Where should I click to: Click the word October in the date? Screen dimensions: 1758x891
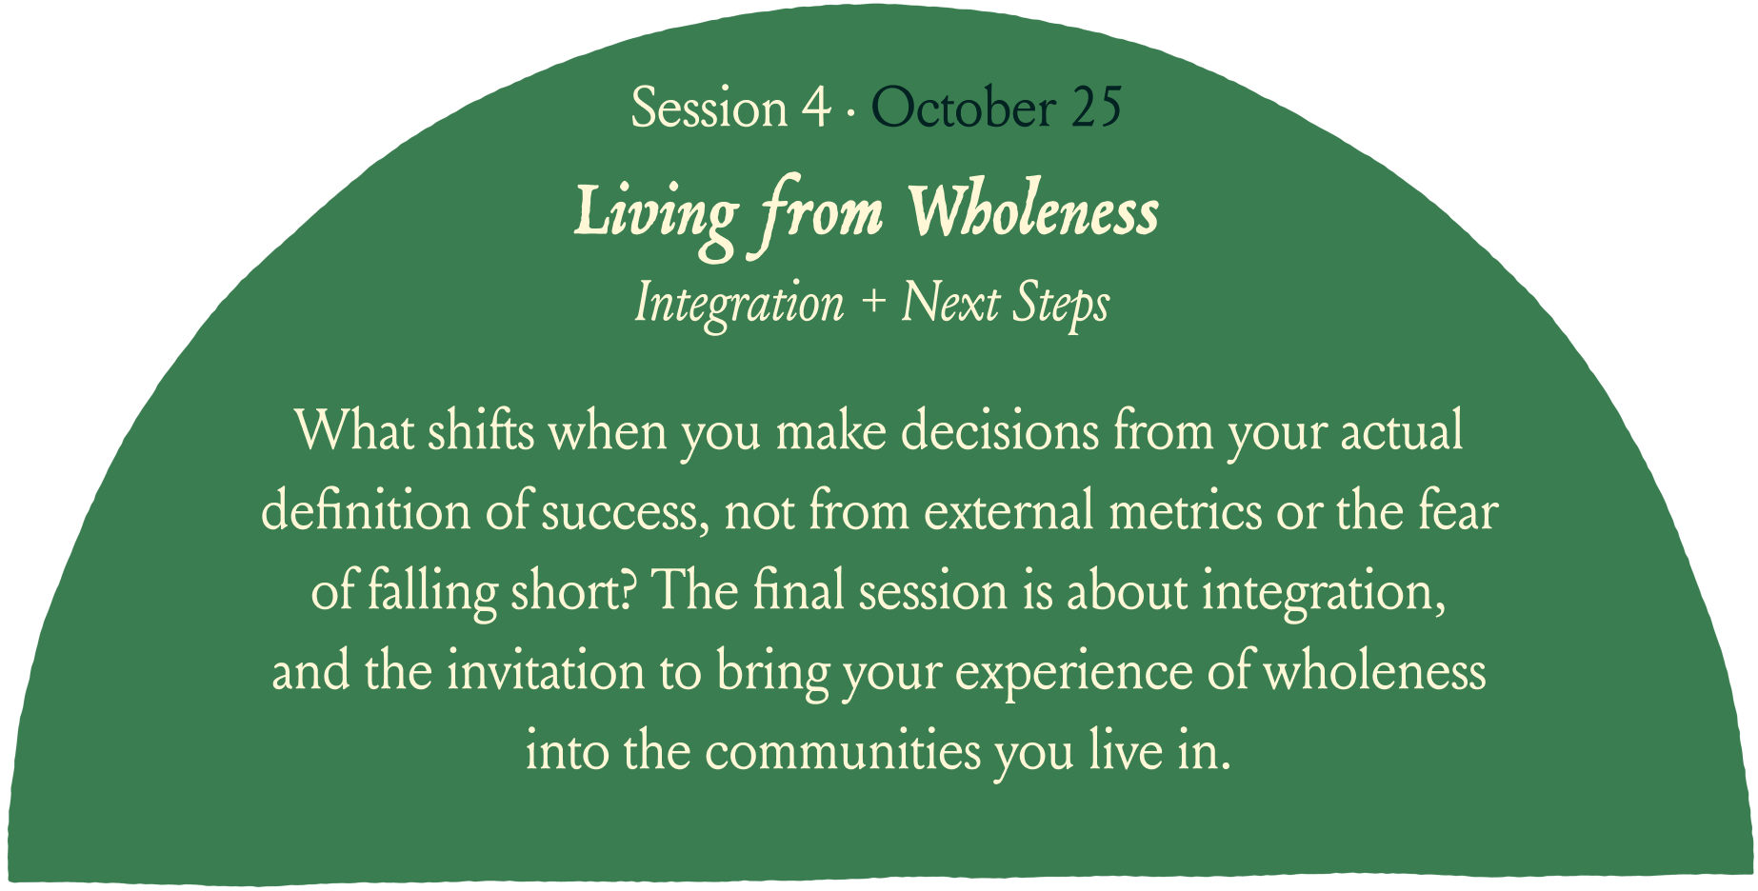click(x=962, y=108)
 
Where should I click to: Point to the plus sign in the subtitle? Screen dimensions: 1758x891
click(x=872, y=304)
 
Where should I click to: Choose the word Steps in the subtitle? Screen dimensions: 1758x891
click(x=1060, y=305)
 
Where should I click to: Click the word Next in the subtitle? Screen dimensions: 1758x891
click(x=949, y=303)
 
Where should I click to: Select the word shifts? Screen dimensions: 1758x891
click(x=481, y=430)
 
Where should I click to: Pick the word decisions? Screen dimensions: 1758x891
click(x=1000, y=430)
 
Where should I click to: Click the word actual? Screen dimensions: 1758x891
click(x=1402, y=430)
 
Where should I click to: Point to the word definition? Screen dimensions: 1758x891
click(x=366, y=510)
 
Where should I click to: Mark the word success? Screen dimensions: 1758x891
click(x=626, y=514)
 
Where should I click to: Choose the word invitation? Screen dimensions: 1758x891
click(x=546, y=671)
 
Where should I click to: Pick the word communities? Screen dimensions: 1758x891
click(x=843, y=751)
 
